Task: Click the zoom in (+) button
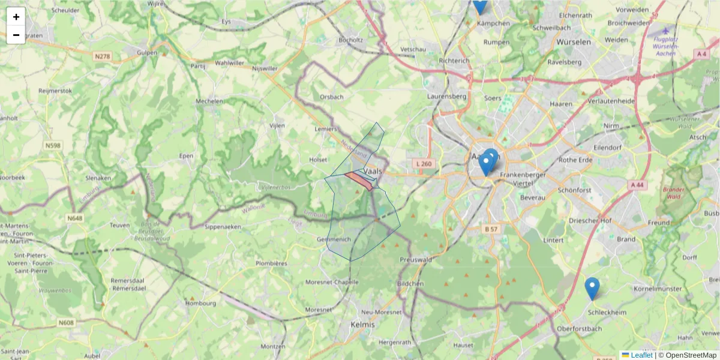(16, 17)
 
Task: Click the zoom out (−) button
(16, 35)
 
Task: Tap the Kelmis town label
(360, 325)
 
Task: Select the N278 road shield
(103, 56)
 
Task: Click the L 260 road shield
(423, 164)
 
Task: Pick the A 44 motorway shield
(637, 185)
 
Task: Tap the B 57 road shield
(491, 229)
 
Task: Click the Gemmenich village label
(333, 239)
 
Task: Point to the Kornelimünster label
(658, 289)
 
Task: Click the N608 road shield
(67, 323)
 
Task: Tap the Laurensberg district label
(446, 96)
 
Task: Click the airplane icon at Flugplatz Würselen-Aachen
(664, 30)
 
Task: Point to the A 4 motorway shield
(701, 54)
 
